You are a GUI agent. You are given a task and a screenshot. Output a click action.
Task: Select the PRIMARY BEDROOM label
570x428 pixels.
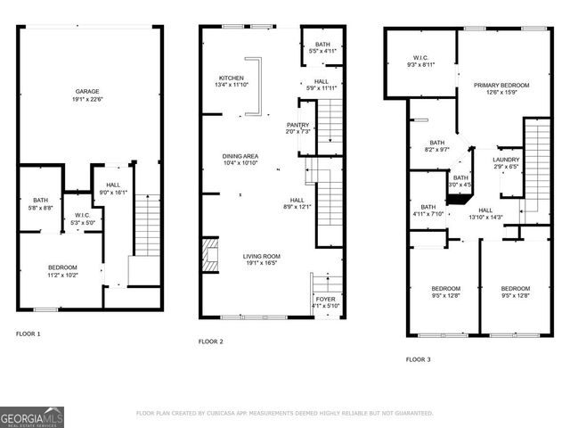click(501, 85)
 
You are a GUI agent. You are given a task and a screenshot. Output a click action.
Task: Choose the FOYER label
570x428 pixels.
click(325, 299)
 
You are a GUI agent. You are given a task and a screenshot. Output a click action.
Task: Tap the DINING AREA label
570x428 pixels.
click(240, 156)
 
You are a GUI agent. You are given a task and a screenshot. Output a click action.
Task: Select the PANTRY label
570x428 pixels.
click(297, 125)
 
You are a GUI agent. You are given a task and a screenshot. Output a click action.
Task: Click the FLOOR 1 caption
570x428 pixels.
click(28, 333)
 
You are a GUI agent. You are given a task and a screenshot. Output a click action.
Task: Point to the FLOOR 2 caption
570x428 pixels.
click(210, 341)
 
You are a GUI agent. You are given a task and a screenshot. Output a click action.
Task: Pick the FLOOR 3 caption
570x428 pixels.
click(418, 359)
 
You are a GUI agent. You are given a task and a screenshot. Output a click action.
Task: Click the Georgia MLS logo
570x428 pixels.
click(32, 416)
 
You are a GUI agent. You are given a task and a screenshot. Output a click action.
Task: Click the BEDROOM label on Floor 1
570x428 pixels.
click(62, 267)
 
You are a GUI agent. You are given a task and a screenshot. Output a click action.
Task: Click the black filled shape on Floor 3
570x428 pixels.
click(458, 198)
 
